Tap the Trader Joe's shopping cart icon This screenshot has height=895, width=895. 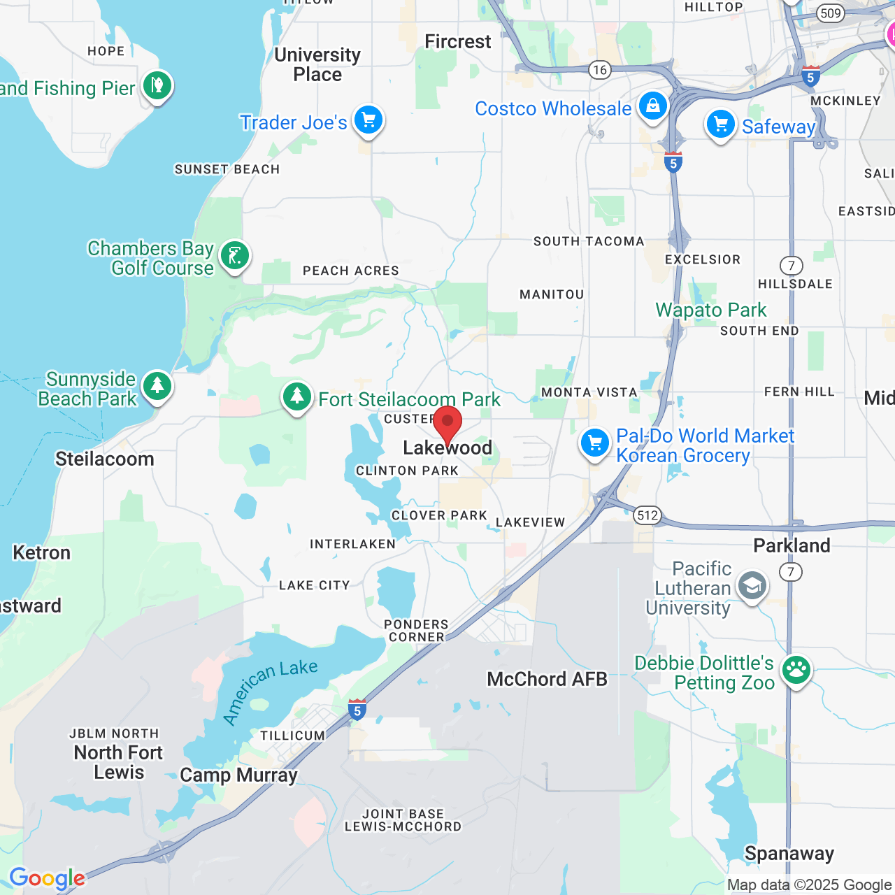(x=368, y=120)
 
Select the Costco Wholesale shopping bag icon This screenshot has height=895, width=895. (x=652, y=106)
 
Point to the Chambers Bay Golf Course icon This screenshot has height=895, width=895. (x=235, y=256)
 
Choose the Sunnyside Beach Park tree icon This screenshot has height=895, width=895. (x=157, y=386)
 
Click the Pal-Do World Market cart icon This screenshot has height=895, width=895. (x=595, y=443)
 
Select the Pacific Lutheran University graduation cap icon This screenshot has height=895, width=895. (x=752, y=587)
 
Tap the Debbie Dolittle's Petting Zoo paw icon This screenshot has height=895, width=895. (x=796, y=671)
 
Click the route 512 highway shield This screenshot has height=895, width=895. (x=647, y=516)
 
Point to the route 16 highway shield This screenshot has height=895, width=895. (x=599, y=69)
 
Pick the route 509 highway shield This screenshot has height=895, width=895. (x=830, y=13)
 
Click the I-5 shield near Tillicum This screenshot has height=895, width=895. (x=357, y=710)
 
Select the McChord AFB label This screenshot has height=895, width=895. (x=547, y=679)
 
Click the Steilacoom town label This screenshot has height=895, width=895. (x=105, y=459)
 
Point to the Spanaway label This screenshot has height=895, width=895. (x=789, y=854)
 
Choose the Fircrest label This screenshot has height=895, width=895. (x=458, y=42)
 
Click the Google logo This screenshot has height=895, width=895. (x=48, y=878)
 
